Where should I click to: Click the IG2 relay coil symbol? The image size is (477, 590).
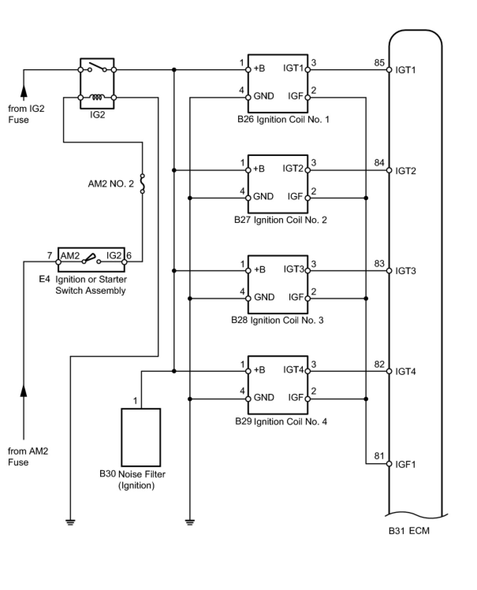click(97, 98)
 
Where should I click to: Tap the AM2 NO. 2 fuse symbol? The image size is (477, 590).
click(142, 184)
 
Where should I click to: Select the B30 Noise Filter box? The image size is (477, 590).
click(141, 437)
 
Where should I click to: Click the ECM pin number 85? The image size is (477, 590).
click(380, 63)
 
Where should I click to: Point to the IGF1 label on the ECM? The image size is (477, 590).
click(406, 464)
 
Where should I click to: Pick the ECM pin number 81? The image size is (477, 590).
click(379, 456)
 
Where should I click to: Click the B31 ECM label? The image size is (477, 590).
click(409, 531)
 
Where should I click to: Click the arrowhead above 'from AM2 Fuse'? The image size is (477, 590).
click(24, 391)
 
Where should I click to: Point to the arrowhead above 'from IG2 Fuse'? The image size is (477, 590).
click(24, 91)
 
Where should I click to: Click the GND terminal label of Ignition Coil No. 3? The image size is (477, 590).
click(264, 297)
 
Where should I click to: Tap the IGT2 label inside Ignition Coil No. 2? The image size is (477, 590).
click(293, 169)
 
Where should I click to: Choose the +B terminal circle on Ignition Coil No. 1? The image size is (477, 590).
click(248, 70)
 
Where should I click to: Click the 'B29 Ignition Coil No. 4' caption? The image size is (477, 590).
click(281, 421)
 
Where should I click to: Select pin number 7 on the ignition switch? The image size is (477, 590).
click(50, 255)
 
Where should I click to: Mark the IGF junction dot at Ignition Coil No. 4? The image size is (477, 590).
click(366, 399)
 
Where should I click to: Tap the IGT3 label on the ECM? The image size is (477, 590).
click(406, 271)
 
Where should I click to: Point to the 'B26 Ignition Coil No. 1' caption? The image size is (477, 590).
click(283, 119)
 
